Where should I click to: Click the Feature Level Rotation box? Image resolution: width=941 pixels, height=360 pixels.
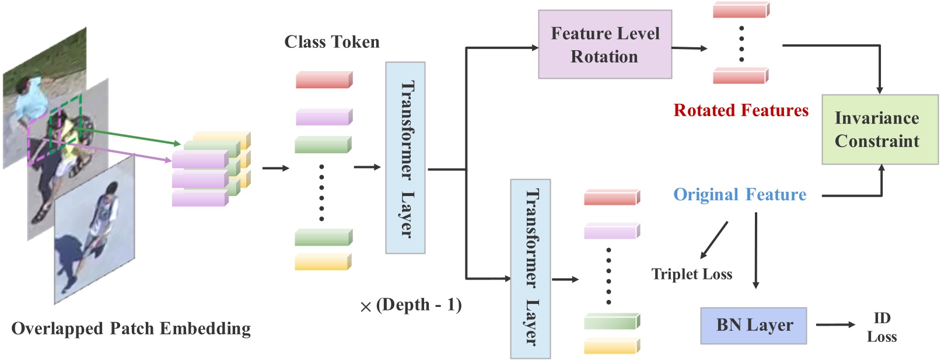pyautogui.click(x=604, y=44)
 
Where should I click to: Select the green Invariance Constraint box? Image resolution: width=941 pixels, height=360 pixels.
pyautogui.click(x=879, y=130)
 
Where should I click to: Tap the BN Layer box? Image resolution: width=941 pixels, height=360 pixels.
pyautogui.click(x=753, y=326)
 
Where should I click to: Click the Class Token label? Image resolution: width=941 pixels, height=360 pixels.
pyautogui.click(x=331, y=42)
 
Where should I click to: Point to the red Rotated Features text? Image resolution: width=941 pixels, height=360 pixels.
pyautogui.click(x=740, y=110)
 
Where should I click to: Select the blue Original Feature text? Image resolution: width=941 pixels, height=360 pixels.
pyautogui.click(x=739, y=194)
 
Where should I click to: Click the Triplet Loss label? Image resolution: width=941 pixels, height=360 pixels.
pyautogui.click(x=691, y=274)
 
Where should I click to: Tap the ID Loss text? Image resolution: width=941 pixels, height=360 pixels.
pyautogui.click(x=881, y=327)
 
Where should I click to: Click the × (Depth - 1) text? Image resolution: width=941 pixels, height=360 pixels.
pyautogui.click(x=411, y=305)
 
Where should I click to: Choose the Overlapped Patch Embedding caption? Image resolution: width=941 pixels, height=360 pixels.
pyautogui.click(x=131, y=328)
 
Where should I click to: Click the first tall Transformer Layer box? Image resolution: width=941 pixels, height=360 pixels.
pyautogui.click(x=405, y=158)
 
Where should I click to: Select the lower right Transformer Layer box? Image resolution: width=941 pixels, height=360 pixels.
pyautogui.click(x=530, y=268)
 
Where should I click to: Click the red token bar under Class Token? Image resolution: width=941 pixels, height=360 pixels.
pyautogui.click(x=323, y=80)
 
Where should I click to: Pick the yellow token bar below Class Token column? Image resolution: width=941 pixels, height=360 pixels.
pyautogui.click(x=323, y=262)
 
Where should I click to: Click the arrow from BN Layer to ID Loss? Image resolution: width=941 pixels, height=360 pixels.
pyautogui.click(x=835, y=324)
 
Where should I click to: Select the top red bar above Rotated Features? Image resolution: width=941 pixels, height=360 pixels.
pyautogui.click(x=740, y=10)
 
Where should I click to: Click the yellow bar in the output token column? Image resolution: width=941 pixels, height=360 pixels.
pyautogui.click(x=611, y=347)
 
